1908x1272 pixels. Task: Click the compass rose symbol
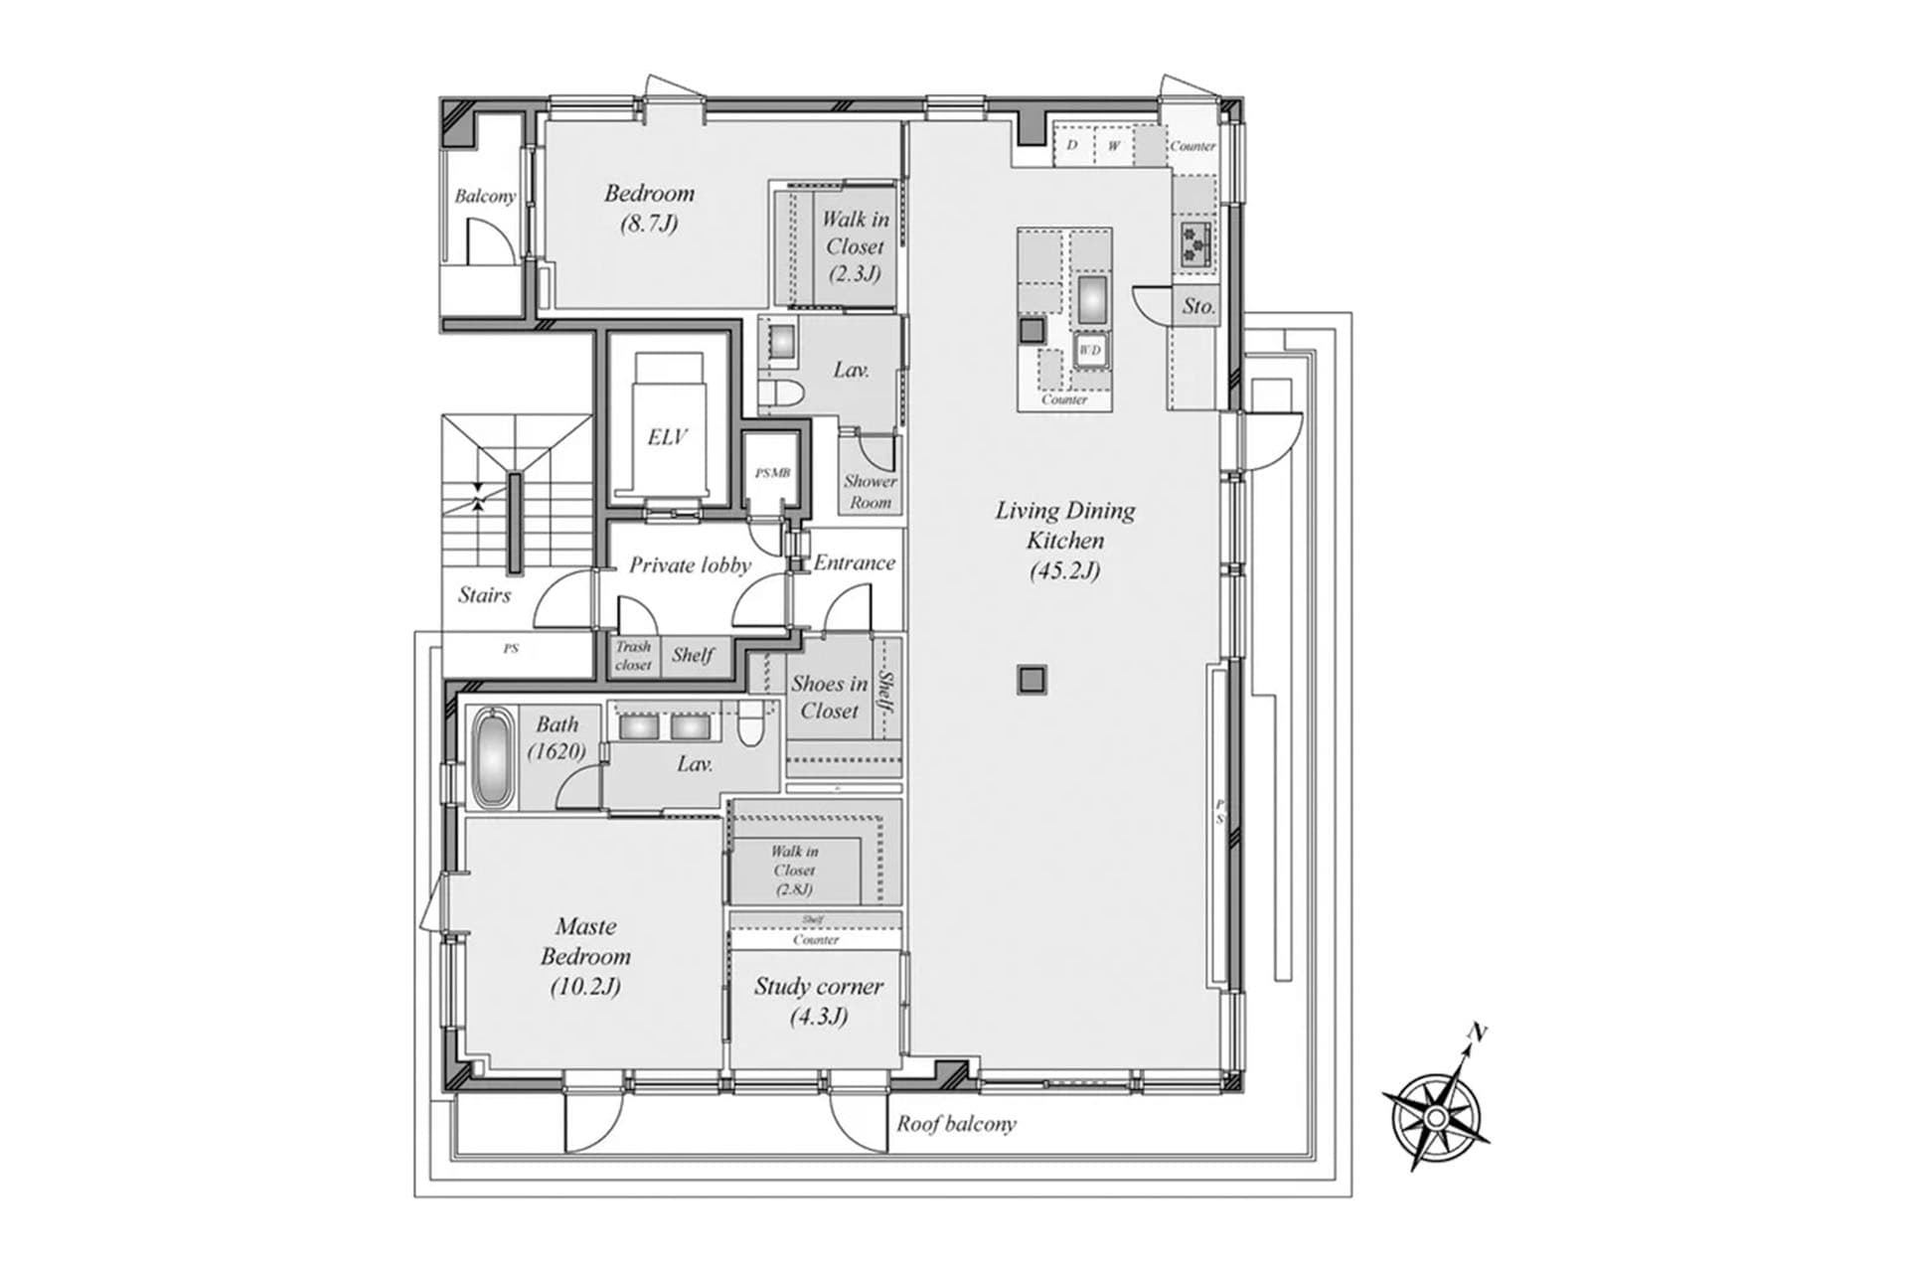tap(1436, 1117)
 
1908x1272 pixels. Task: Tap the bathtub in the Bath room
tap(492, 757)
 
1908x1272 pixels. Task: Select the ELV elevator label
tap(667, 437)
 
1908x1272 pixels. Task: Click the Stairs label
tap(484, 595)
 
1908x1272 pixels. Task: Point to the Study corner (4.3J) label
tap(818, 1001)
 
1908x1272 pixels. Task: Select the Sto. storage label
tap(1198, 307)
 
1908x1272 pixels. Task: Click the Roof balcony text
tap(956, 1124)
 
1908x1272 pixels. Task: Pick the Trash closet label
tap(633, 656)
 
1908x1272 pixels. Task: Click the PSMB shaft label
tap(772, 474)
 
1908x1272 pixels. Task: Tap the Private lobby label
tap(690, 565)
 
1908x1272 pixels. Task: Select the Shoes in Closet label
tap(829, 697)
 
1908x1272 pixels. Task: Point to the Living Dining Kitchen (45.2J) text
tap(1065, 540)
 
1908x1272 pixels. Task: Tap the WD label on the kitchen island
tap(1090, 350)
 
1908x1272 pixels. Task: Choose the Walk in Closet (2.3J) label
tap(855, 245)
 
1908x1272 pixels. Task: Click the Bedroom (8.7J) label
tap(649, 207)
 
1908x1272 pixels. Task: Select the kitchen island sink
tap(1092, 298)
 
